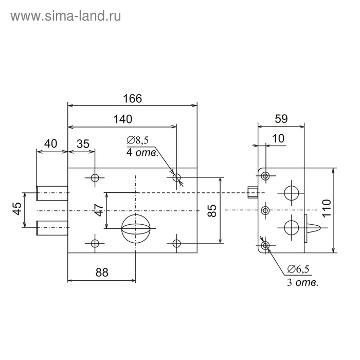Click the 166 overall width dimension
point(132,98)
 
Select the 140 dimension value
point(122,119)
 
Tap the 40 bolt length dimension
point(50,144)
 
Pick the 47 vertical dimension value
point(99,209)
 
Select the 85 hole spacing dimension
point(211,209)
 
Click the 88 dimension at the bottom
point(102,273)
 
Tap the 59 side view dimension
point(281,118)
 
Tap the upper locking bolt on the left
point(52,193)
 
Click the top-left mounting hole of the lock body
point(95,178)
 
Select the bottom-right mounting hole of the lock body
point(177,243)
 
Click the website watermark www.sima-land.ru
point(65,16)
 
